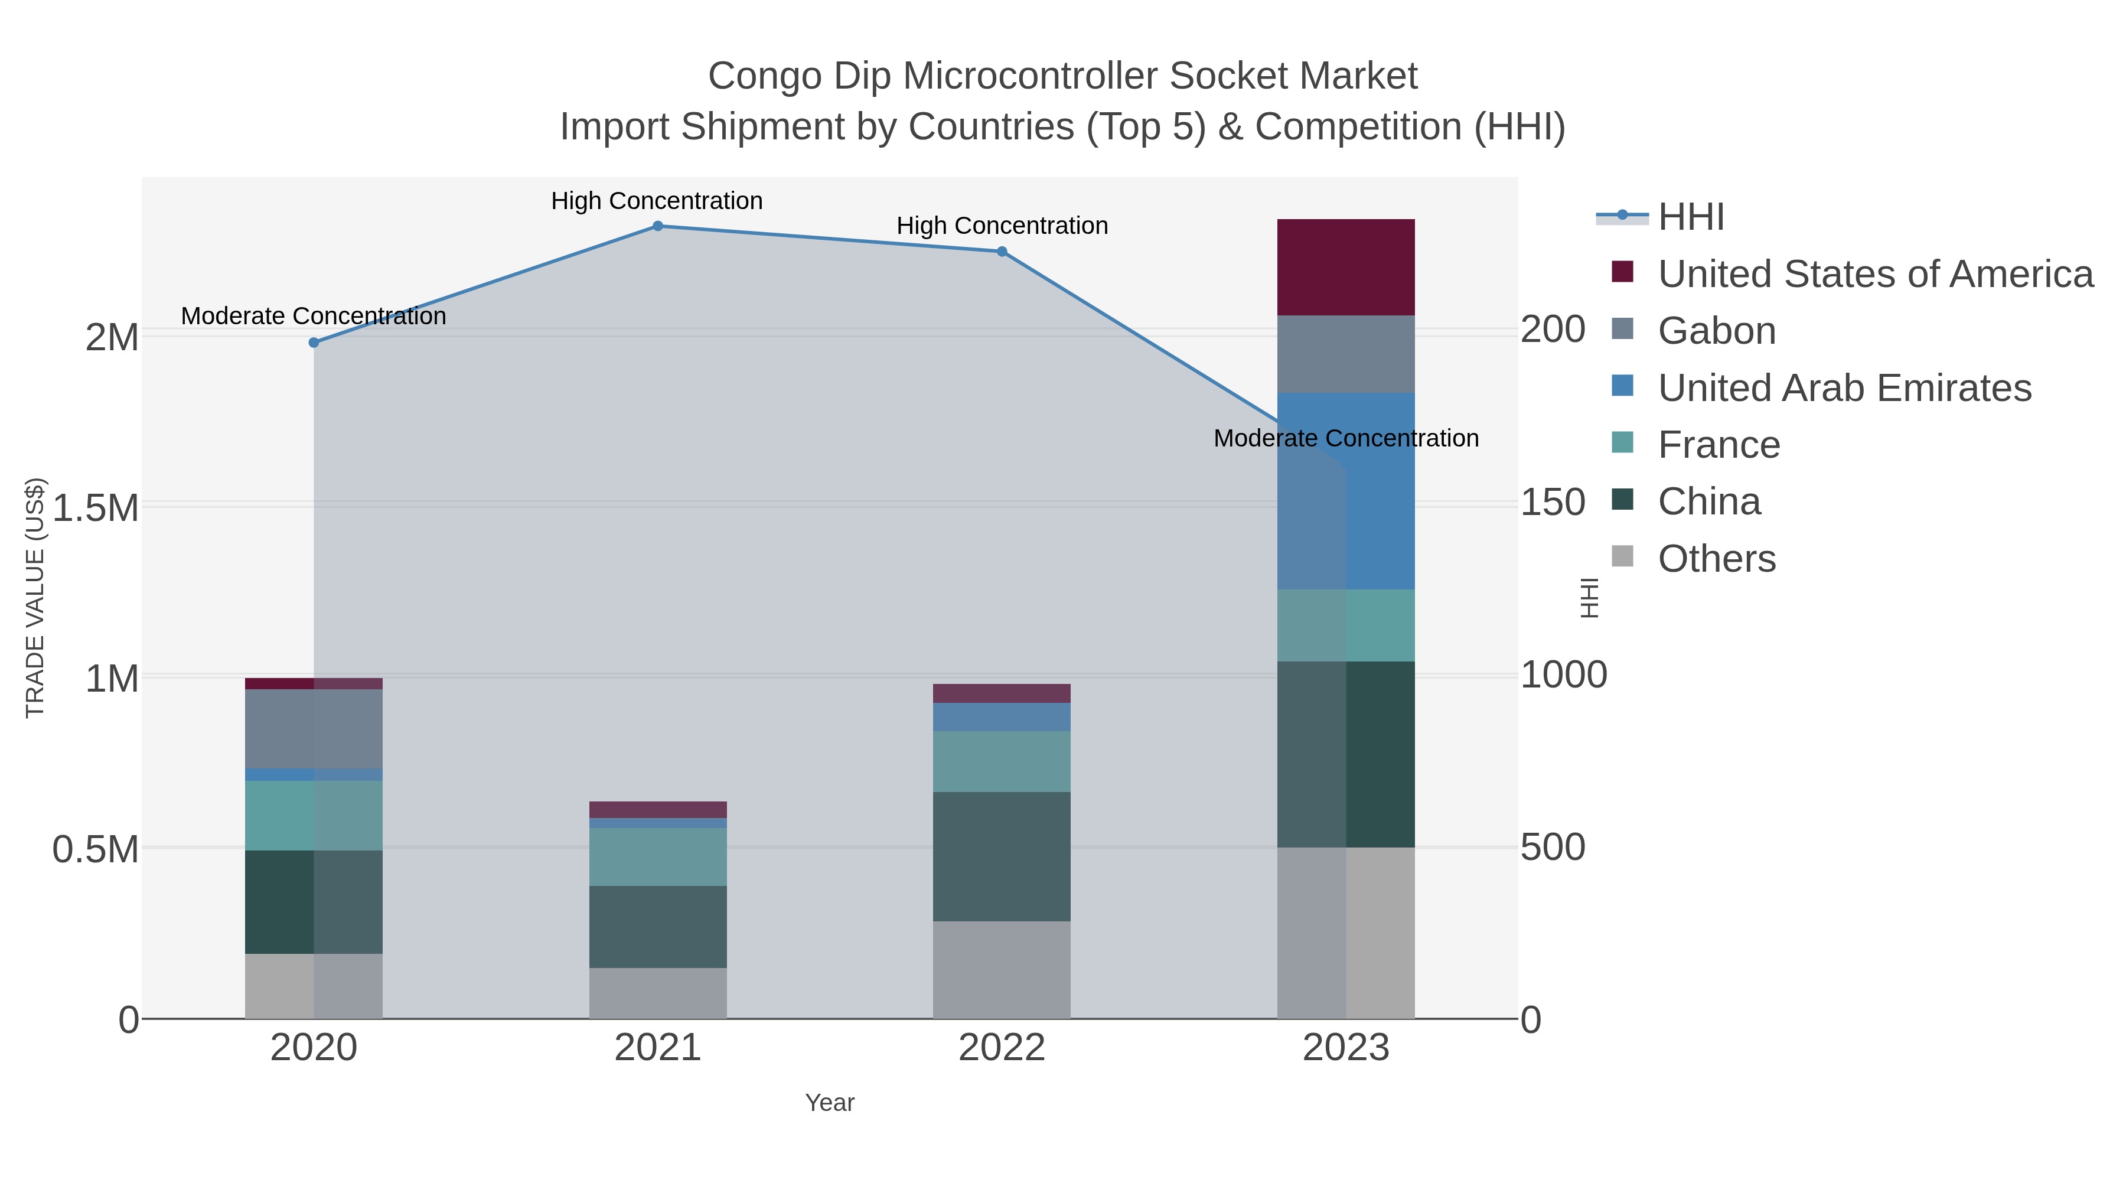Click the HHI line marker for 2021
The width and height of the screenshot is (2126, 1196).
[658, 226]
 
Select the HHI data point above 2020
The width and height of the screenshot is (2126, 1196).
[314, 343]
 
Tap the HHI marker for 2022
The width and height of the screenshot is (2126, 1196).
[1002, 252]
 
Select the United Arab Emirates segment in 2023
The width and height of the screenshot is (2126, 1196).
[1346, 491]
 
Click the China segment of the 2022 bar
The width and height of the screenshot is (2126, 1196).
[1002, 857]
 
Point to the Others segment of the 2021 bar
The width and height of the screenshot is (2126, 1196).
[658, 993]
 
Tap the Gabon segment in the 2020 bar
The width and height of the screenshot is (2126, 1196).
[314, 729]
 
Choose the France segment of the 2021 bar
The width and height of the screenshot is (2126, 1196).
[658, 857]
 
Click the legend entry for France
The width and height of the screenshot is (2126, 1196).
[1719, 445]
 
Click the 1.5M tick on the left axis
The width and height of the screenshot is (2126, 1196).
[96, 507]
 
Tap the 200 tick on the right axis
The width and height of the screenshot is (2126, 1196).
[1553, 330]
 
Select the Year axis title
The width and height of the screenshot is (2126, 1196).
[830, 1103]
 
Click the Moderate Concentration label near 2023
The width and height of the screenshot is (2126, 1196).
[1346, 438]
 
